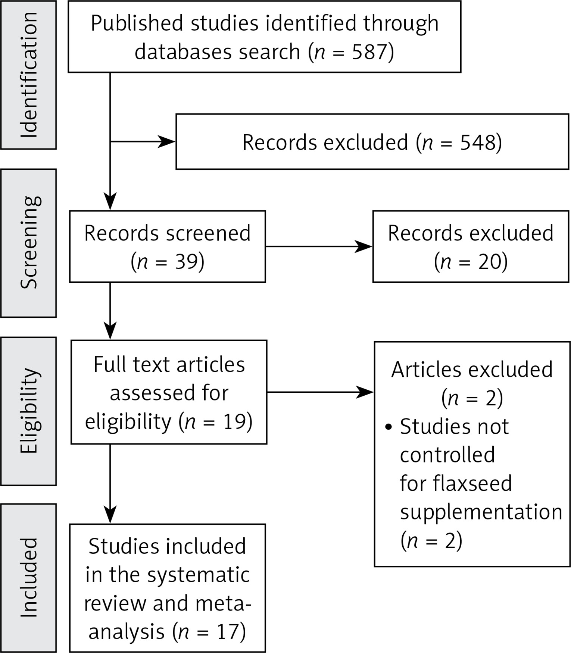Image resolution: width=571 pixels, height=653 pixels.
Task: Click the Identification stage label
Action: coord(29,75)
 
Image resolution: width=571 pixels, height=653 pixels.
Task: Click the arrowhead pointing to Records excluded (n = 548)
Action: coord(166,142)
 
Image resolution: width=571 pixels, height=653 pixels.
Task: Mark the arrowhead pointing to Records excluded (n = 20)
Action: coord(363,247)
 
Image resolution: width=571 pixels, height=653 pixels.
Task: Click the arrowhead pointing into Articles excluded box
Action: coord(365,392)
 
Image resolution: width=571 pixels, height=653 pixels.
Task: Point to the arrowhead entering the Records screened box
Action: coord(110,202)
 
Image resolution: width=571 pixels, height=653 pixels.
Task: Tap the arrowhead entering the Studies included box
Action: coord(110,515)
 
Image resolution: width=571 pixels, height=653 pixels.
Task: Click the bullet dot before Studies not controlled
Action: coord(389,427)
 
